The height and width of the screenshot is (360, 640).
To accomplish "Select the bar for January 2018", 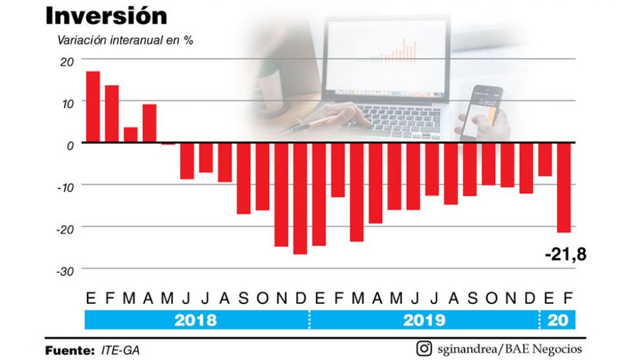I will click(x=93, y=106).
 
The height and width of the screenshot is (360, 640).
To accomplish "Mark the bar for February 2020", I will click(x=564, y=187).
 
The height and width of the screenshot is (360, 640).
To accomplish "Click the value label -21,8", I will click(x=565, y=255).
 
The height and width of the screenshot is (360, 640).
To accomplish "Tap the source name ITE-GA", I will click(x=120, y=350).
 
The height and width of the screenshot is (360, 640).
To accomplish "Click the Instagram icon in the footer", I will click(x=424, y=349).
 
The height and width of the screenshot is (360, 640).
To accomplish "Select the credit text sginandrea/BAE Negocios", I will click(x=510, y=349).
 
